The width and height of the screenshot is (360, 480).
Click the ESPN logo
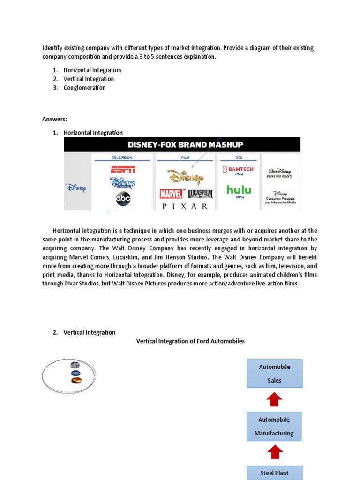[123, 169]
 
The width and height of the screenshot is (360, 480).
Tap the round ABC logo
[123, 199]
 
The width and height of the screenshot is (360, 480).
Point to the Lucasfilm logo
[200, 194]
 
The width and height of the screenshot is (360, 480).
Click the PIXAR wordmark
[185, 206]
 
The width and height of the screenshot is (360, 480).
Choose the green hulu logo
[239, 190]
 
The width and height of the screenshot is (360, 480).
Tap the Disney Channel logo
[123, 183]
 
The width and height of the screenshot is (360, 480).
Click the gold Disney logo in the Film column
[186, 177]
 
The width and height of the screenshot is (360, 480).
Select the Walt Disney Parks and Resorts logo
[279, 173]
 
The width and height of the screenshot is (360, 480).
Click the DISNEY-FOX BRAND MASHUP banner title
[182, 144]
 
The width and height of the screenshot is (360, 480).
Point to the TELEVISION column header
[122, 158]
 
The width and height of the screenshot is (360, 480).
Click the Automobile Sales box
[275, 374]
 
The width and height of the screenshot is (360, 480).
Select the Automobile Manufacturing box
[274, 426]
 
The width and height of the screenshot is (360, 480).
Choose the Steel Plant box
[275, 472]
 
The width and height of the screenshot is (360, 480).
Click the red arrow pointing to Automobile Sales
[274, 399]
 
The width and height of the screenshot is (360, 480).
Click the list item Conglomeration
[84, 88]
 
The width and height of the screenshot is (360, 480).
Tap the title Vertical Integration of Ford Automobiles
[190, 341]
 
